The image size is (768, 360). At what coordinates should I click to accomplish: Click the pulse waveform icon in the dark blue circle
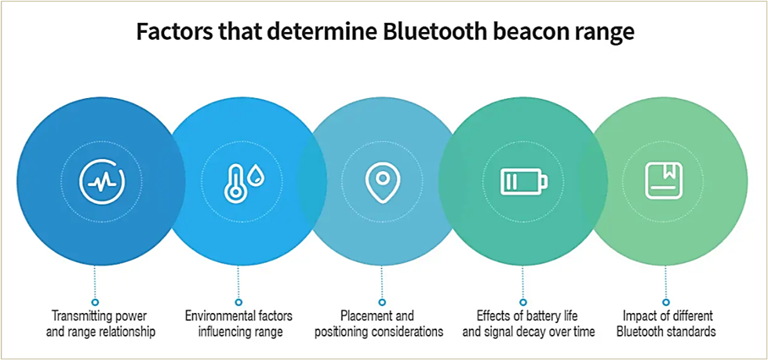coord(101,182)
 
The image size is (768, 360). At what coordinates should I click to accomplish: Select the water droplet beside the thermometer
coord(255,176)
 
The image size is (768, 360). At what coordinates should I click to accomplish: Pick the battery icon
coord(523,182)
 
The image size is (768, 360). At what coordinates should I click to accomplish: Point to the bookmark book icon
coord(664,181)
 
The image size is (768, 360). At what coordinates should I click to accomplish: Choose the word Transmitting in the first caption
coord(85,315)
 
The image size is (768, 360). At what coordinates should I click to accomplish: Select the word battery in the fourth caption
coord(544,315)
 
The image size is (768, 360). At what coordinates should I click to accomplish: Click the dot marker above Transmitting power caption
coord(96,302)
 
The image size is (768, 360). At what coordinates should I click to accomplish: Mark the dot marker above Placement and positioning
coord(382,302)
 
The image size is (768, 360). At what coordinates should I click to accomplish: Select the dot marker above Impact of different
coord(666,302)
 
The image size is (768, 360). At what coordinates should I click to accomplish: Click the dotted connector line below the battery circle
coord(522,282)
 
